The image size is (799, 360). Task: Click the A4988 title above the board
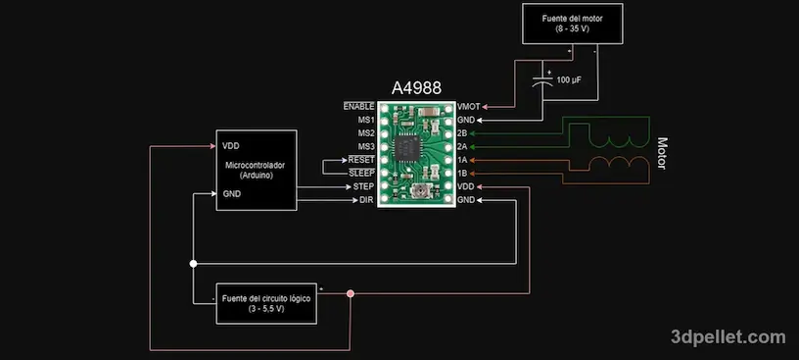pyautogui.click(x=416, y=87)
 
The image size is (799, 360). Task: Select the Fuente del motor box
pyautogui.click(x=572, y=23)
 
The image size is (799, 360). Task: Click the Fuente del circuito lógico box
pyautogui.click(x=266, y=303)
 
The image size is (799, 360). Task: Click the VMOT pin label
pyautogui.click(x=469, y=105)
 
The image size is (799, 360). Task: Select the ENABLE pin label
pyautogui.click(x=358, y=105)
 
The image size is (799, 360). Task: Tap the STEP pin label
pyautogui.click(x=364, y=185)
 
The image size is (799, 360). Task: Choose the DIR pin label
pyautogui.click(x=367, y=199)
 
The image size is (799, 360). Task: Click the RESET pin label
pyautogui.click(x=361, y=159)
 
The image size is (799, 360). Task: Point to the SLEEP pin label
pyautogui.click(x=361, y=173)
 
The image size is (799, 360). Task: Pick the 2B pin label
pyautogui.click(x=462, y=132)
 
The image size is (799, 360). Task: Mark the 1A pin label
pyautogui.click(x=462, y=159)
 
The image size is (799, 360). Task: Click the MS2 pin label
pyautogui.click(x=366, y=132)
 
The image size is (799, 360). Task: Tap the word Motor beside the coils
pyautogui.click(x=662, y=153)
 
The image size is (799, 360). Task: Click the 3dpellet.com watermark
pyautogui.click(x=728, y=336)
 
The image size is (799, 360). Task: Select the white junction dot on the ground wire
pyautogui.click(x=194, y=264)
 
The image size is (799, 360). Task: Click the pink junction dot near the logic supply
pyautogui.click(x=351, y=293)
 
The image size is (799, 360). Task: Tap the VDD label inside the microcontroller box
pyautogui.click(x=231, y=144)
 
